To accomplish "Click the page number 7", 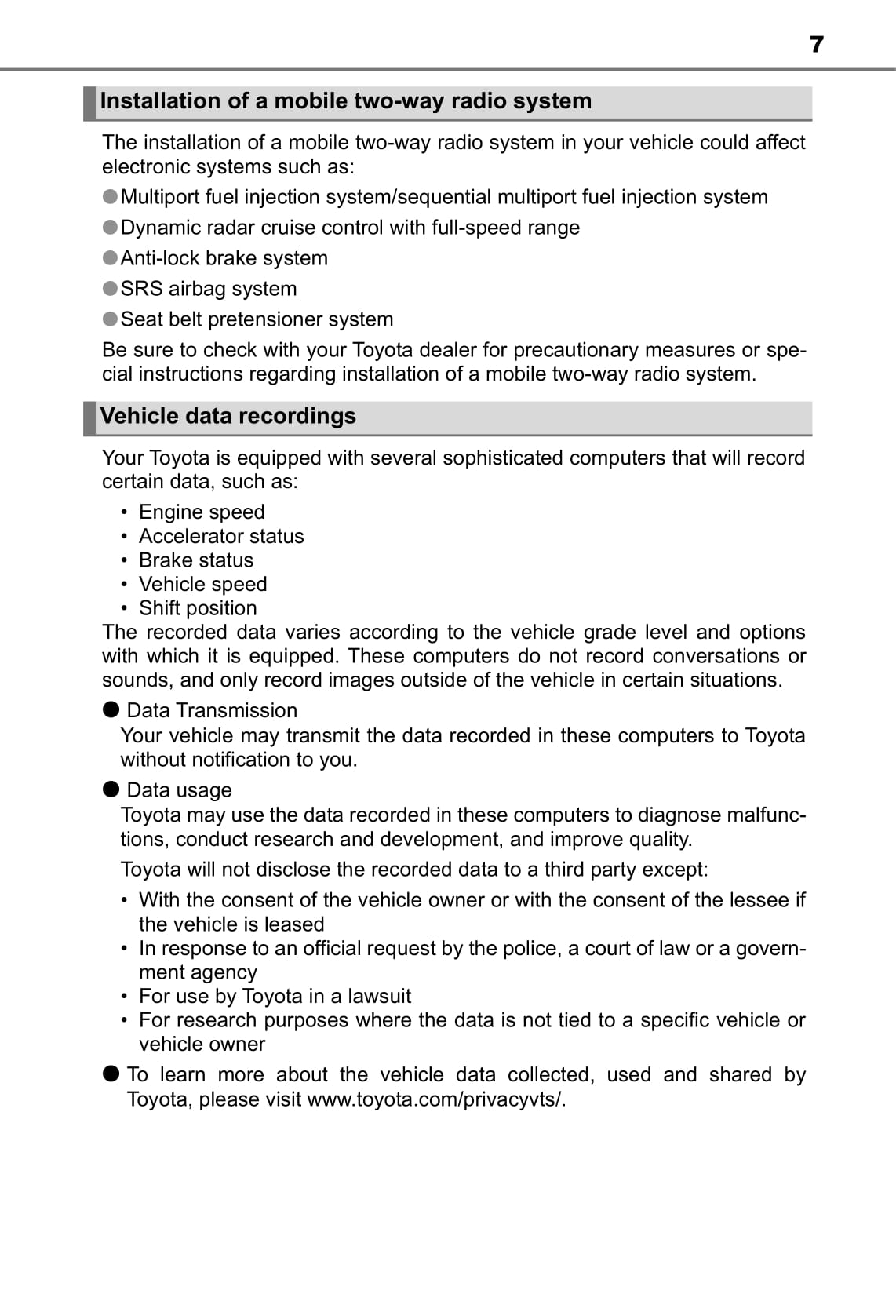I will click(816, 44).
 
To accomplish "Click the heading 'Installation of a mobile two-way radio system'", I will click(345, 101).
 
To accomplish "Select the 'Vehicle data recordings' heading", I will click(228, 416).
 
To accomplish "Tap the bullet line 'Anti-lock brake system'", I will click(224, 258).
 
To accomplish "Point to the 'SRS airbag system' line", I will click(208, 289).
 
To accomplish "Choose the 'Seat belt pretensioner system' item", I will click(257, 319).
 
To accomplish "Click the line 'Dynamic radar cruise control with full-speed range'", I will click(350, 228).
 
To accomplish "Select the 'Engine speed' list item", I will click(202, 512).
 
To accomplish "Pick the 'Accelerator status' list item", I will click(221, 536).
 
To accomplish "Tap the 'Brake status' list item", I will click(196, 560).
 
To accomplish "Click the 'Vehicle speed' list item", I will click(202, 584).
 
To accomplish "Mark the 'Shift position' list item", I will click(198, 608).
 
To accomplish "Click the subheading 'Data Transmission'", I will click(212, 710).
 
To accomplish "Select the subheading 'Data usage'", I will click(179, 790).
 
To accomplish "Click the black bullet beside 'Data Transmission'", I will click(111, 709).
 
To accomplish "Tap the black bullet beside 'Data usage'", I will click(111, 789).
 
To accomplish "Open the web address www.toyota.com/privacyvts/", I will click(436, 1099).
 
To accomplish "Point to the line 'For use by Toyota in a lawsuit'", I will click(275, 996).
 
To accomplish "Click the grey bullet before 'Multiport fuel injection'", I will click(111, 196).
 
